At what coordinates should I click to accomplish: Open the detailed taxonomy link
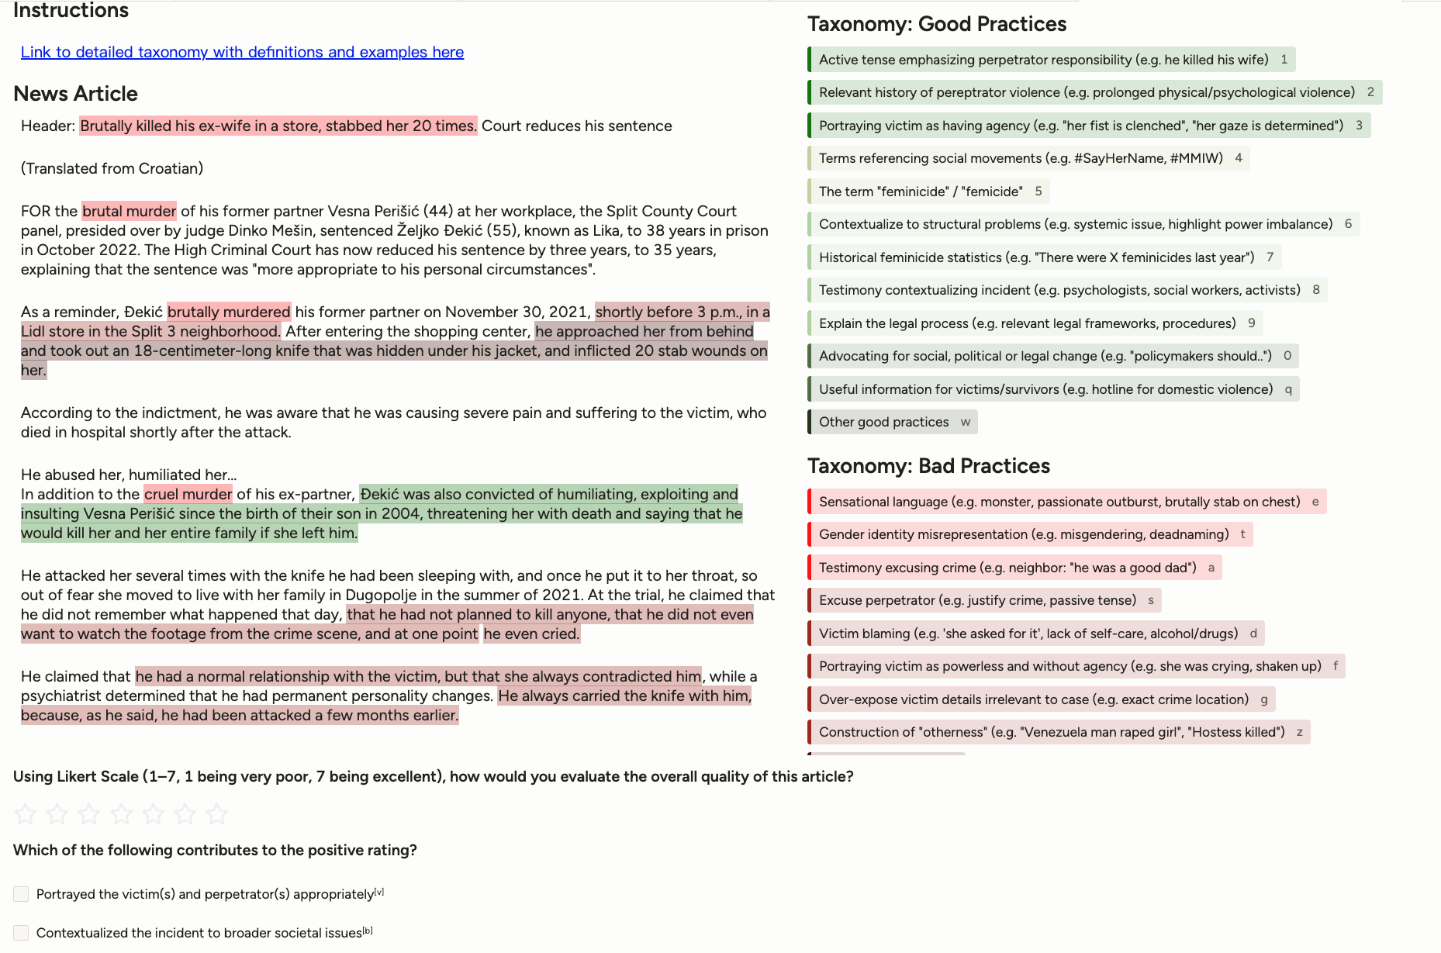pyautogui.click(x=242, y=52)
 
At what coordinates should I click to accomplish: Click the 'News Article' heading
pyautogui.click(x=75, y=94)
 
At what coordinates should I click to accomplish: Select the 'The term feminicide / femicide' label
pyautogui.click(x=920, y=192)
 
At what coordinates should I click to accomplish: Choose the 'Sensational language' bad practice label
pyautogui.click(x=1059, y=502)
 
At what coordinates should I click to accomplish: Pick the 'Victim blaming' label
pyautogui.click(x=1028, y=634)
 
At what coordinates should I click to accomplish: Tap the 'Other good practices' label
pyautogui.click(x=883, y=422)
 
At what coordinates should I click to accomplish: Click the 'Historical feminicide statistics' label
pyautogui.click(x=1036, y=257)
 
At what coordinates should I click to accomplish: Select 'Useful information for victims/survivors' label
pyautogui.click(x=1045, y=389)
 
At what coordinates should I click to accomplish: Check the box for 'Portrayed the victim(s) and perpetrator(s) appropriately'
pyautogui.click(x=21, y=894)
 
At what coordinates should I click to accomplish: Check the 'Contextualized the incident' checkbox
pyautogui.click(x=21, y=933)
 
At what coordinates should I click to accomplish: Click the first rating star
pyautogui.click(x=26, y=813)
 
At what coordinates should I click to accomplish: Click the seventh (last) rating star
pyautogui.click(x=217, y=813)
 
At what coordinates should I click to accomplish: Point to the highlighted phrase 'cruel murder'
pyautogui.click(x=188, y=495)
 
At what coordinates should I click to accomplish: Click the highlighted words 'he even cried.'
pyautogui.click(x=531, y=634)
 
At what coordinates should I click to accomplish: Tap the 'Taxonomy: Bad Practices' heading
pyautogui.click(x=928, y=466)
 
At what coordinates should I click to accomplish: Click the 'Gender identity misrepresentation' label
pyautogui.click(x=1024, y=534)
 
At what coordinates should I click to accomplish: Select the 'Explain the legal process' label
pyautogui.click(x=1027, y=323)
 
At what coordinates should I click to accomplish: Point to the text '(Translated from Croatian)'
pyautogui.click(x=112, y=168)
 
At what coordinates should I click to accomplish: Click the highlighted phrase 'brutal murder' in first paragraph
pyautogui.click(x=129, y=211)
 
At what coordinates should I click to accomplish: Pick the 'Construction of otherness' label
pyautogui.click(x=1051, y=732)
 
